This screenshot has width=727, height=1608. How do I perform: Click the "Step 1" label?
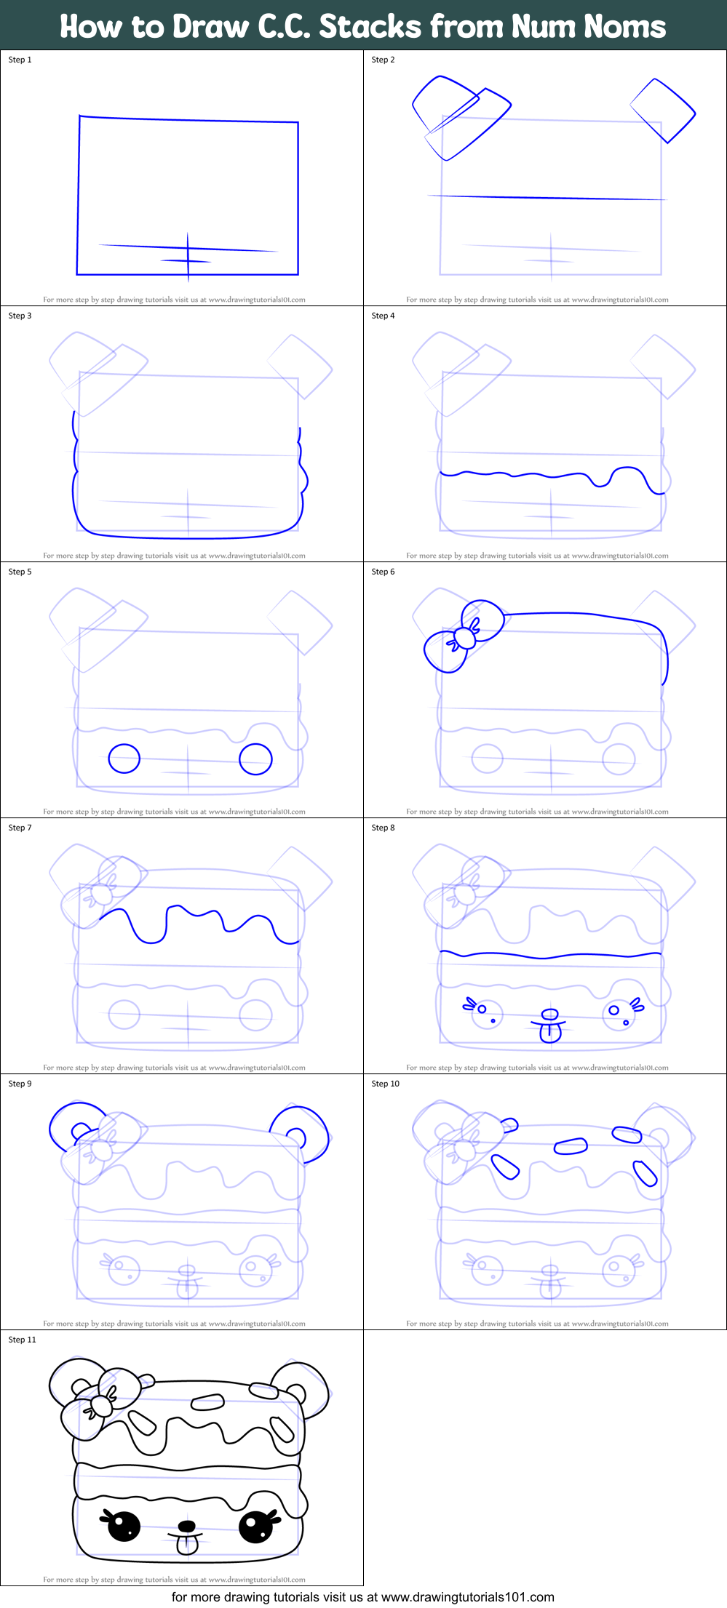coord(20,60)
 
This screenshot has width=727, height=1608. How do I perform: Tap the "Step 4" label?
coord(383,316)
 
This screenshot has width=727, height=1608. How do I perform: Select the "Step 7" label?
coord(20,828)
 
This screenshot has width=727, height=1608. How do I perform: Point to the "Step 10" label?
coord(385,1084)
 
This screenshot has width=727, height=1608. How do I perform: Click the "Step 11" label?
coord(22,1340)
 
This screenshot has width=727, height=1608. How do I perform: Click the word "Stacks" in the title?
coord(370,27)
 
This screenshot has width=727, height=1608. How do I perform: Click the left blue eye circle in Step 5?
coord(124,759)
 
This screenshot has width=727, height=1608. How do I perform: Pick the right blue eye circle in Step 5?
coord(255,759)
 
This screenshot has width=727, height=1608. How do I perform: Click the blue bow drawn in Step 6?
coord(464,636)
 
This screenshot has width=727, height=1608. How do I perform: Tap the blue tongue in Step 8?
coord(551,1031)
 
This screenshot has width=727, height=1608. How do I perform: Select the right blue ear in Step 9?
coord(301,1129)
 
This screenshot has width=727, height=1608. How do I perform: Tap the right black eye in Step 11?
coord(255,1526)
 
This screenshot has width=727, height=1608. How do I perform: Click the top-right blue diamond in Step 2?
coord(663,111)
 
